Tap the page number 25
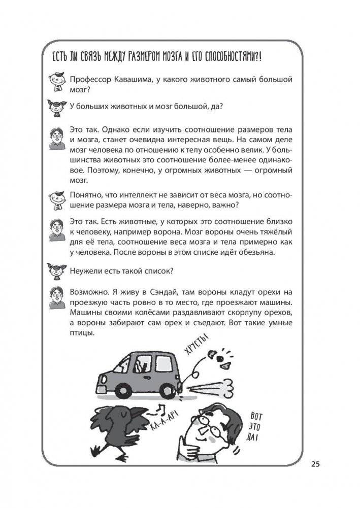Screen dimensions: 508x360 tap(315, 464)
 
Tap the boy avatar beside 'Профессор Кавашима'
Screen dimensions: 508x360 tap(56, 82)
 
